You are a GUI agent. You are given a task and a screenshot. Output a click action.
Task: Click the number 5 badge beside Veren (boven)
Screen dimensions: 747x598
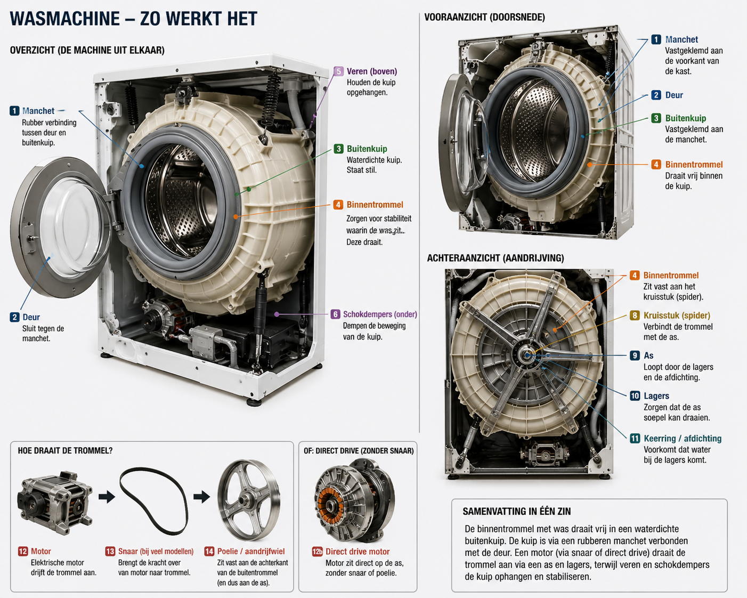(x=338, y=71)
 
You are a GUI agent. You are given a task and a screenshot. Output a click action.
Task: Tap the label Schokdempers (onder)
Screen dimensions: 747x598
(x=380, y=314)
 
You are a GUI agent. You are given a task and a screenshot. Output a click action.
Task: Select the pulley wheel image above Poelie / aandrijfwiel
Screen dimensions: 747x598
(x=249, y=499)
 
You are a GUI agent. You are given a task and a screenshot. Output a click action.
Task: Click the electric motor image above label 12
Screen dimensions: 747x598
(x=55, y=502)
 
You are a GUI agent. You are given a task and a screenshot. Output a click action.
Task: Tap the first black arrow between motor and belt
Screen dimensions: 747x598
(x=107, y=497)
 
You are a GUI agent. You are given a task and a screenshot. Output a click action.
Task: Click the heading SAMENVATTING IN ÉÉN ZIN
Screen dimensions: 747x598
(x=516, y=511)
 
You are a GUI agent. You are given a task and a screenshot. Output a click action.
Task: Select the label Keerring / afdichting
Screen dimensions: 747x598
(x=683, y=438)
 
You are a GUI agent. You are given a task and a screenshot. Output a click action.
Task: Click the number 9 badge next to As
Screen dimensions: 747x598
(x=635, y=355)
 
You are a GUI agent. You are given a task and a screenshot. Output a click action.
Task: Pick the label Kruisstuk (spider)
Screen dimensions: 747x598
(x=677, y=316)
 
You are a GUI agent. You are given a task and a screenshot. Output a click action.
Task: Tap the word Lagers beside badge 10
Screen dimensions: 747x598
(x=656, y=395)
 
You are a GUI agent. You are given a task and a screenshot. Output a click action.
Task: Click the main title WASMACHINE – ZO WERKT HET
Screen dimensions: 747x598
(x=134, y=19)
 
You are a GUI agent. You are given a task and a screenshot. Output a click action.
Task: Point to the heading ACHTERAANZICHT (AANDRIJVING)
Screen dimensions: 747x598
(x=496, y=258)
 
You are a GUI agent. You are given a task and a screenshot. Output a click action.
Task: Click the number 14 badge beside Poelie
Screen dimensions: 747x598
(x=209, y=551)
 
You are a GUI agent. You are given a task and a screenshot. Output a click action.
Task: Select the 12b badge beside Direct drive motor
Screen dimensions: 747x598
(x=317, y=552)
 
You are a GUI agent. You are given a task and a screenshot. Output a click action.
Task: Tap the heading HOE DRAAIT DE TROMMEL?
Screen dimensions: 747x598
(x=65, y=450)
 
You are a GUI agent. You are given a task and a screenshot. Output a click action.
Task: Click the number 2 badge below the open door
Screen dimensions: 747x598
(x=14, y=317)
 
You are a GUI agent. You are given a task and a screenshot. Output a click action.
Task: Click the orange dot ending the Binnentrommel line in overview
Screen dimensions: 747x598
(x=236, y=217)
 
